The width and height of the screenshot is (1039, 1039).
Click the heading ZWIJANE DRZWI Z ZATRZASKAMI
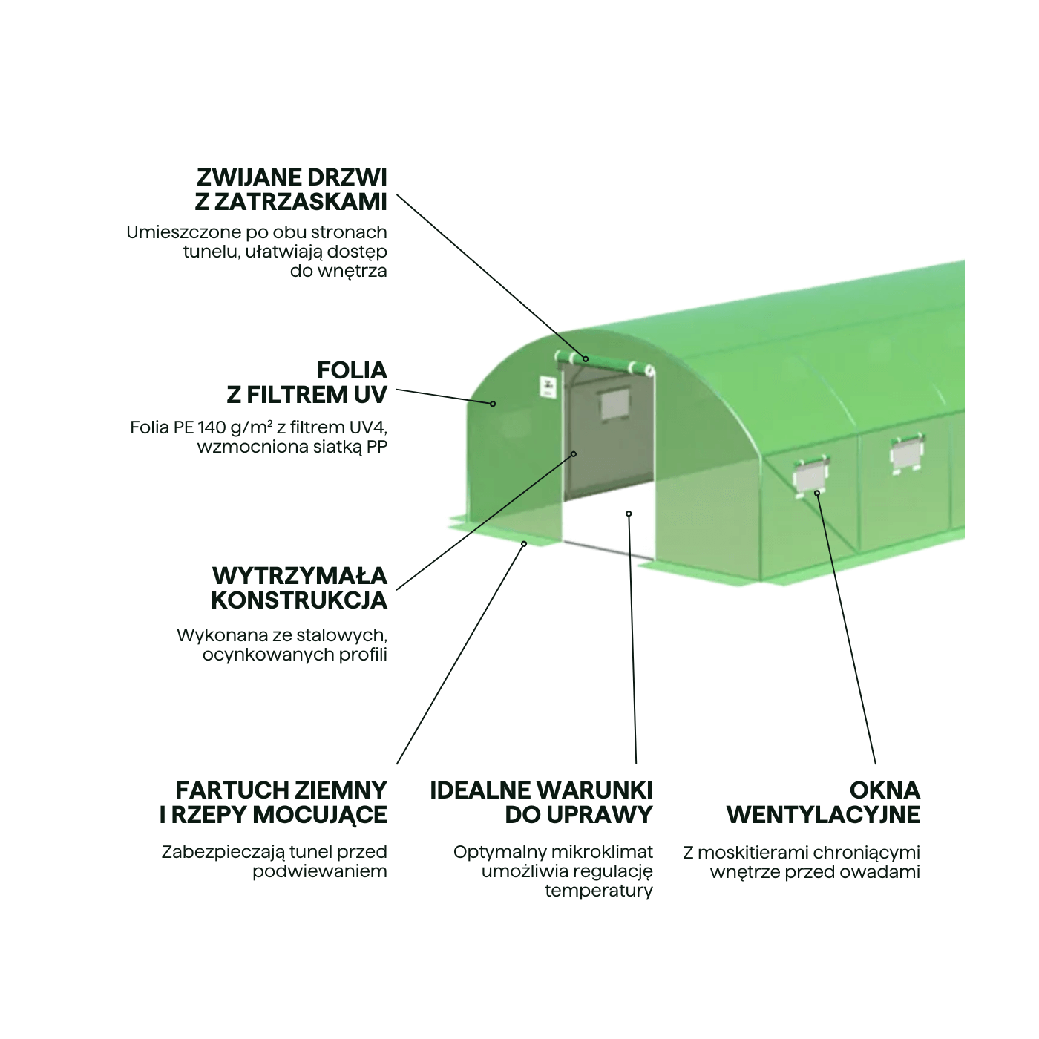[291, 190]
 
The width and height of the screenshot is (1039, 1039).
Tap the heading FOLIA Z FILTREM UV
[307, 383]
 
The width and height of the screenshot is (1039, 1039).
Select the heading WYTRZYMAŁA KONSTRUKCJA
[299, 589]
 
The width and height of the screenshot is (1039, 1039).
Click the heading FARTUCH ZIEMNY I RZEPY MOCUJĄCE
[273, 803]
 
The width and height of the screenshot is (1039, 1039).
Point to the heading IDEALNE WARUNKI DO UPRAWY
[541, 803]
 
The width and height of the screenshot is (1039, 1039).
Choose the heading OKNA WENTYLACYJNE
[823, 803]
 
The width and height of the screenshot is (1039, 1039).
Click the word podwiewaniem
[320, 872]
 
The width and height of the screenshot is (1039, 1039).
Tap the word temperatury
[599, 891]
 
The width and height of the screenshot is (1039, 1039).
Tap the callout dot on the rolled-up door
[586, 359]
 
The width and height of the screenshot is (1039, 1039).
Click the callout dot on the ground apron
[523, 544]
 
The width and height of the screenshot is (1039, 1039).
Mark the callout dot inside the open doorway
[629, 514]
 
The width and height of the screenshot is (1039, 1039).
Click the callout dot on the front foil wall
[493, 404]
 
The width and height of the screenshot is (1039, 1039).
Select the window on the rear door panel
[614, 404]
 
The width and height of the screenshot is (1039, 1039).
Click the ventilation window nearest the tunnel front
[810, 476]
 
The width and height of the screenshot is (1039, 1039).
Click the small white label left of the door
[548, 387]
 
